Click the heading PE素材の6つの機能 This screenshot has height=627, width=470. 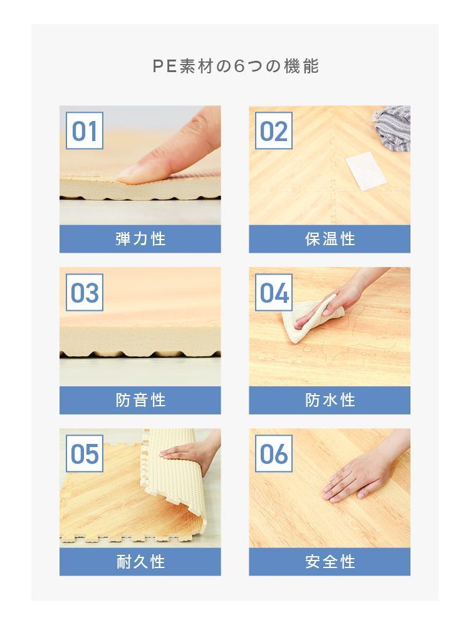[x=235, y=66]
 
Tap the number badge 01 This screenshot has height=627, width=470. [x=85, y=132]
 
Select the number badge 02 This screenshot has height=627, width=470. [x=274, y=132]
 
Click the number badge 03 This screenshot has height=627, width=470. [x=85, y=293]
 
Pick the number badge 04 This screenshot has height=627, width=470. [x=274, y=293]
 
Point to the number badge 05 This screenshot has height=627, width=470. [x=85, y=453]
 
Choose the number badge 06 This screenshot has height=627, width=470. [x=274, y=453]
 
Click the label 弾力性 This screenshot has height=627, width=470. [x=140, y=239]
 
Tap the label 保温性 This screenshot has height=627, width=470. [x=330, y=239]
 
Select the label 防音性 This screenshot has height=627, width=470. [x=140, y=400]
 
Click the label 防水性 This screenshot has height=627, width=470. [x=330, y=400]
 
